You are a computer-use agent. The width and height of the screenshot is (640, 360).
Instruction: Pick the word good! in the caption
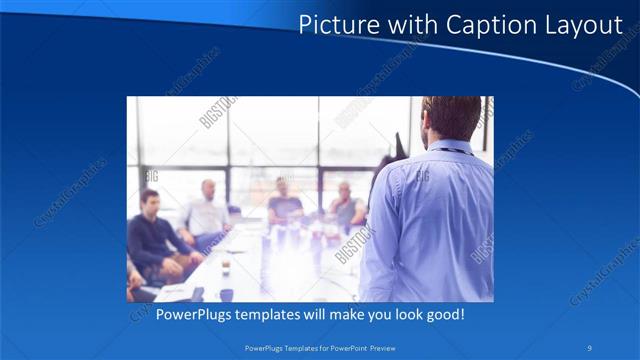coord(442,315)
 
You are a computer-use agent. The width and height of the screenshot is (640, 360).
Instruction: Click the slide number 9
coord(590,347)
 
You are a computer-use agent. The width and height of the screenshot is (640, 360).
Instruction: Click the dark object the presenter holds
coord(400,146)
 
